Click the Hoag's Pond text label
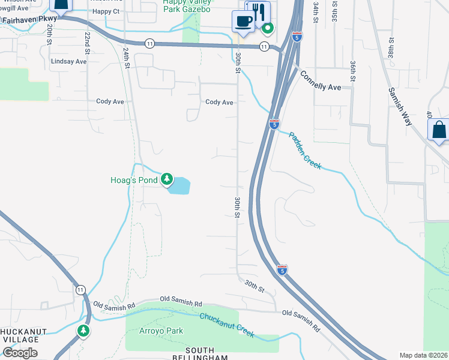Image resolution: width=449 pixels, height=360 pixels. coord(133,180)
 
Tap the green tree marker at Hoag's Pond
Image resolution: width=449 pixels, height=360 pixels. coord(166,180)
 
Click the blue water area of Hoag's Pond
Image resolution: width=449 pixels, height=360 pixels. coord(181,186)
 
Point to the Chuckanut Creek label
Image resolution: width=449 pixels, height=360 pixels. coord(227,325)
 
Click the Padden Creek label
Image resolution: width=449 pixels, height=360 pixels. coord(305,151)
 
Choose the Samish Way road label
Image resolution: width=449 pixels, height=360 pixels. coord(400,106)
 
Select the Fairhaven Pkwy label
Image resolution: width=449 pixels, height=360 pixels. coord(28,19)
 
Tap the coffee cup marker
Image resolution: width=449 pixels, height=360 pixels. coord(243,21)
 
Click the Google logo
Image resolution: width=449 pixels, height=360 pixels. coord(20,353)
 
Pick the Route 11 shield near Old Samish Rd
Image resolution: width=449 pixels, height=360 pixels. coord(80,290)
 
